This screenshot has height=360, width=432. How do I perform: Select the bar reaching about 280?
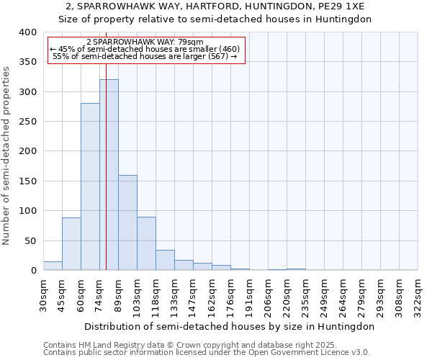(90, 187)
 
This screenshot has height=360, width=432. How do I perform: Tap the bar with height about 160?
(127, 222)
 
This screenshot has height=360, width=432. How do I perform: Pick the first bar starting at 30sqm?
(53, 266)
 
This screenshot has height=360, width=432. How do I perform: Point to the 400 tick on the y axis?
(27, 32)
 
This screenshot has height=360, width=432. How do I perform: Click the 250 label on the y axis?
(27, 122)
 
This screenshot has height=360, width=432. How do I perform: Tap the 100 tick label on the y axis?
(27, 211)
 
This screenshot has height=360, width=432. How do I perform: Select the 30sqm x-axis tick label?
(44, 294)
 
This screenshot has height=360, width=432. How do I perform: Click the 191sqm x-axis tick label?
(250, 294)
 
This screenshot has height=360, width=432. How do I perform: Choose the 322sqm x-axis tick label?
(418, 294)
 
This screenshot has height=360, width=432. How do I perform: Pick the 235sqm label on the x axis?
(306, 294)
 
